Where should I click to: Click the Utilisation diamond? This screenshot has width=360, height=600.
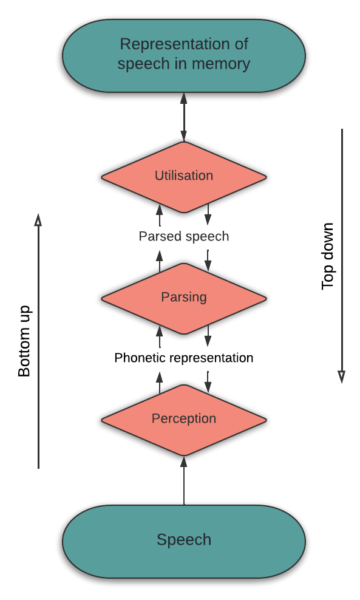[x=183, y=177]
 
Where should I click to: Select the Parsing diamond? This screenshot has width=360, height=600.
[x=183, y=298]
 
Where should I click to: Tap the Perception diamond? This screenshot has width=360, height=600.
[x=183, y=420]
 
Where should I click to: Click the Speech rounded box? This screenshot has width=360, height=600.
[x=183, y=541]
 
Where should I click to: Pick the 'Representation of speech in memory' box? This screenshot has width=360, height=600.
[x=183, y=55]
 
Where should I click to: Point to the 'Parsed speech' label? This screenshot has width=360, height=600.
[x=183, y=236]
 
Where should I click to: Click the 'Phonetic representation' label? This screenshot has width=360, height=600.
[x=183, y=358]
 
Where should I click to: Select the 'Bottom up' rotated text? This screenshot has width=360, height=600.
[x=24, y=341]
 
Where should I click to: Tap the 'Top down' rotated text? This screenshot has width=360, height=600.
[x=328, y=256]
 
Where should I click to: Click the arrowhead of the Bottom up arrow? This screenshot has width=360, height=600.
[x=38, y=220]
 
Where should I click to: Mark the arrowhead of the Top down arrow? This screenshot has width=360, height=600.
[x=342, y=377]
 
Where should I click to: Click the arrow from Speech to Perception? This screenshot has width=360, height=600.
[x=184, y=480]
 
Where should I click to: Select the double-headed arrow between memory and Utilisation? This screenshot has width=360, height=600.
[x=184, y=117]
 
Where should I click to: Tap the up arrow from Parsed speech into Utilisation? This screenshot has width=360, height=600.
[x=160, y=215]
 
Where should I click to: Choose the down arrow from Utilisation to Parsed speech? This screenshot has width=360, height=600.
[x=208, y=214]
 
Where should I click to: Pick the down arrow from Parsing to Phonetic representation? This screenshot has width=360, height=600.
[x=208, y=336]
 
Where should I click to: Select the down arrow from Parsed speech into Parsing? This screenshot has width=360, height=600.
[x=208, y=260]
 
